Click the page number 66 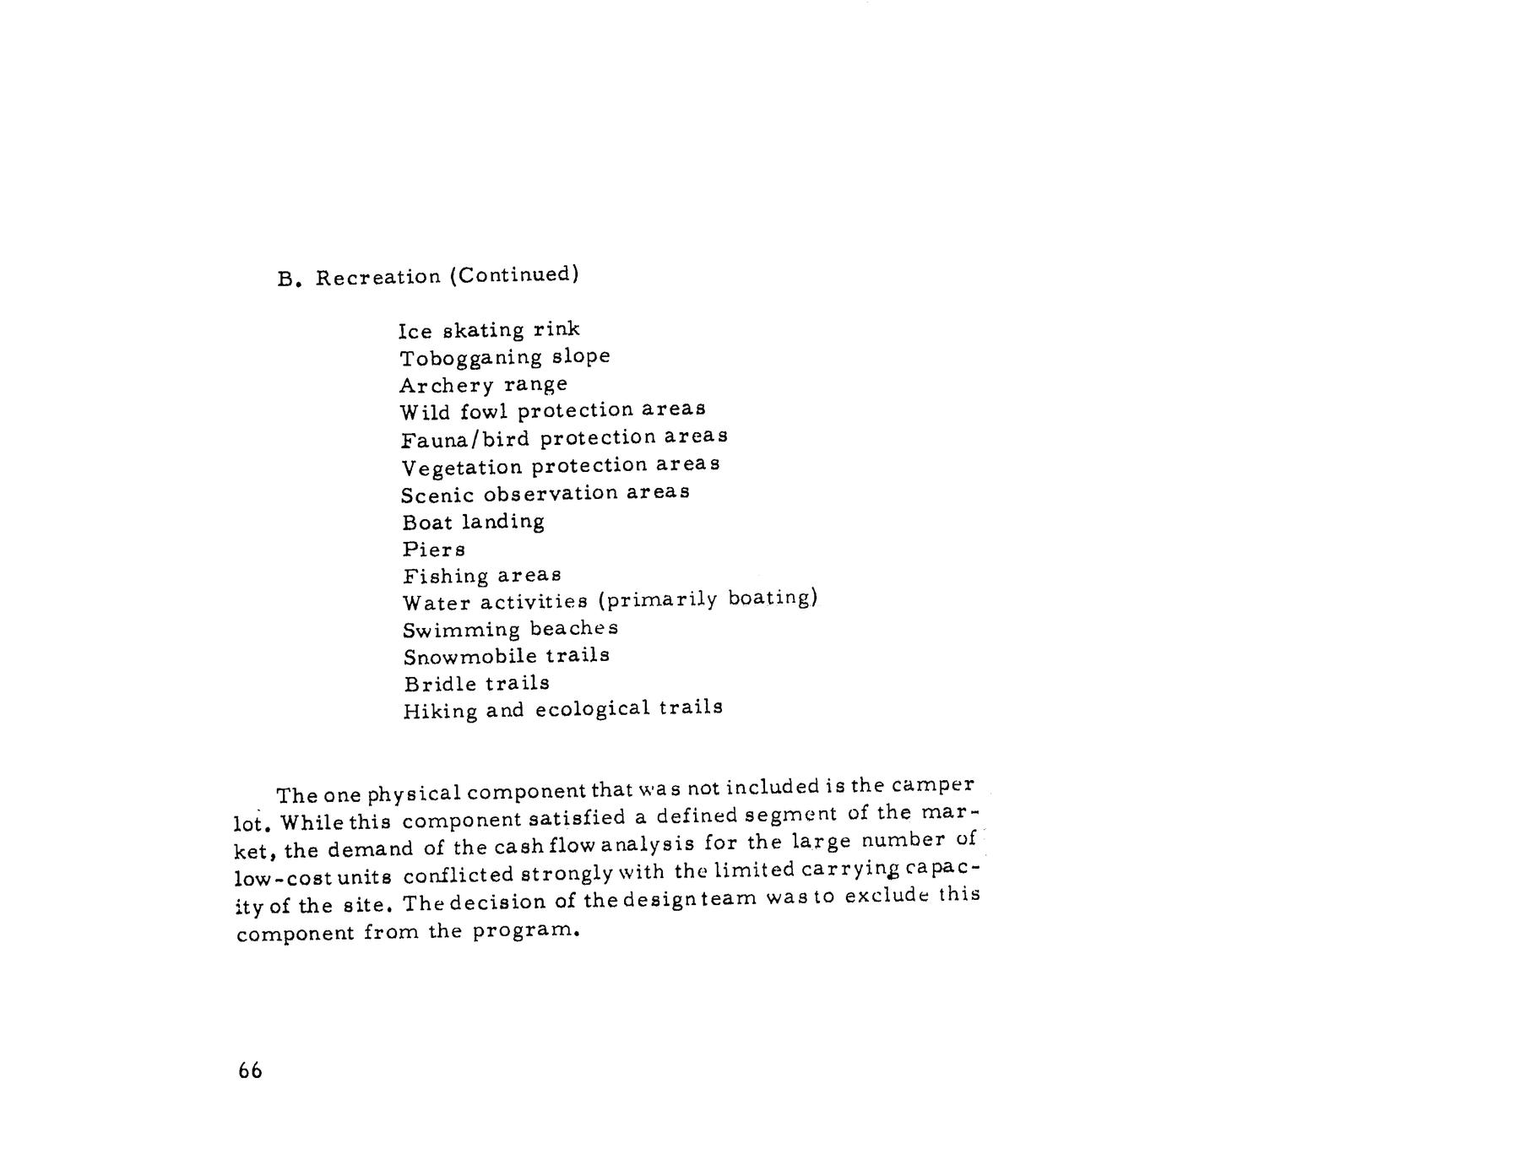[250, 1071]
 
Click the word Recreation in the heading [378, 277]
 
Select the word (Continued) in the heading [513, 274]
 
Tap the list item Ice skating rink [489, 329]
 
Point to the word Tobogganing [471, 358]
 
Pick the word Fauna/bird [465, 439]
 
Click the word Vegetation [462, 467]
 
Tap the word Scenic [437, 495]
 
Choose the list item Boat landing [473, 522]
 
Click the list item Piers [433, 550]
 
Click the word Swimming [461, 631]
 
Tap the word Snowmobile [469, 657]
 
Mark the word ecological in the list [593, 708]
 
